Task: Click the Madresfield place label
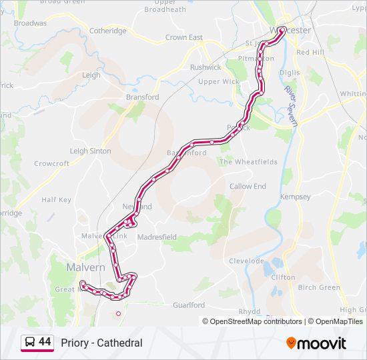[x=158, y=237]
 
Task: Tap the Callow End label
[x=248, y=187]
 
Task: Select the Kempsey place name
[x=296, y=197]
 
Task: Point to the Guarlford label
[x=189, y=305]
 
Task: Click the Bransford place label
[x=143, y=97]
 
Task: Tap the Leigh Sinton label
[x=91, y=151]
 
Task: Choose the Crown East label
[x=184, y=38]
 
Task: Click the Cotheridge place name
[x=107, y=31]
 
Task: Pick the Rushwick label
[x=205, y=67]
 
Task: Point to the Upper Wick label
[x=218, y=82]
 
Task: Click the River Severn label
[x=290, y=103]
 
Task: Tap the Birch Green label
[x=319, y=287]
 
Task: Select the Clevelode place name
[x=248, y=261]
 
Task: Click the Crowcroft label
[x=51, y=163]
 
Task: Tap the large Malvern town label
[x=85, y=267]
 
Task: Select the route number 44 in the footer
[x=45, y=342]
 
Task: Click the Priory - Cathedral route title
[x=101, y=343]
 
